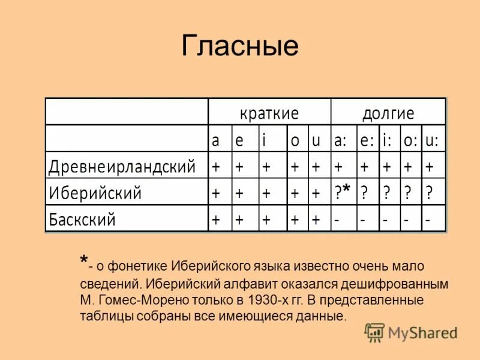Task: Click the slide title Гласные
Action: coord(239,46)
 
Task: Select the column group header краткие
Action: coord(269,113)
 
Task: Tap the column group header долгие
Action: coord(388,113)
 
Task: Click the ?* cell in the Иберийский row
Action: coord(343,193)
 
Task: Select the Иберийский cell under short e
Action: coord(239,193)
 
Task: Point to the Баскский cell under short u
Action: coord(315,220)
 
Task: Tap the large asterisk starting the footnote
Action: coord(83,260)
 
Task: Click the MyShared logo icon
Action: coord(374,331)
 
